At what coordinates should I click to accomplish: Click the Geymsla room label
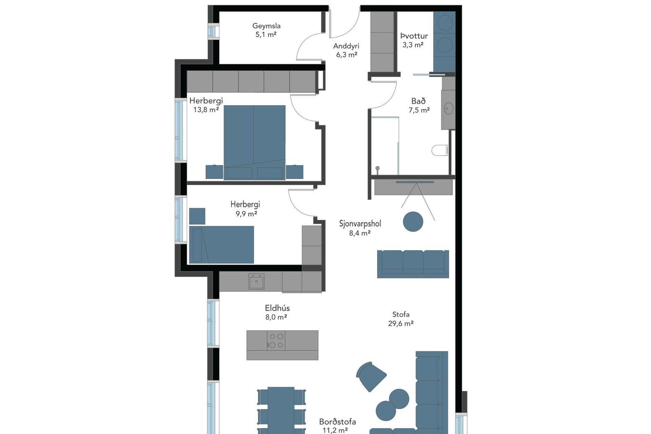266,26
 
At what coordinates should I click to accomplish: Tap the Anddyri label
346,46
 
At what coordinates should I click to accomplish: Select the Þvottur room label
414,36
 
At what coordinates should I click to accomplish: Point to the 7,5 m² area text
419,110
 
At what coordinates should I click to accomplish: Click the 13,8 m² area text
206,110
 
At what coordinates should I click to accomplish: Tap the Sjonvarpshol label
360,224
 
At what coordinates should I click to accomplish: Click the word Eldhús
277,308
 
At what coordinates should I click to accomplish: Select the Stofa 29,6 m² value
401,323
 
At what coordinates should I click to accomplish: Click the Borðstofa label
337,422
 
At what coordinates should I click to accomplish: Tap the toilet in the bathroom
440,150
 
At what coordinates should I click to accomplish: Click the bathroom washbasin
449,108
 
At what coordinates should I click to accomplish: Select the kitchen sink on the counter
256,281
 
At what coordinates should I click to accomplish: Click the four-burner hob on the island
276,341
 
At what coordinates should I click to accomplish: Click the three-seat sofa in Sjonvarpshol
413,264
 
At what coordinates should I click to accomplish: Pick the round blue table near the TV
413,222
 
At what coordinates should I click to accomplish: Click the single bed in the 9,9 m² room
221,245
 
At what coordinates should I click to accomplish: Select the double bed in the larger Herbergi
254,142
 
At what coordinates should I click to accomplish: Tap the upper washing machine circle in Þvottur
445,23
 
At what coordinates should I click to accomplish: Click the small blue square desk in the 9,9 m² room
197,216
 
